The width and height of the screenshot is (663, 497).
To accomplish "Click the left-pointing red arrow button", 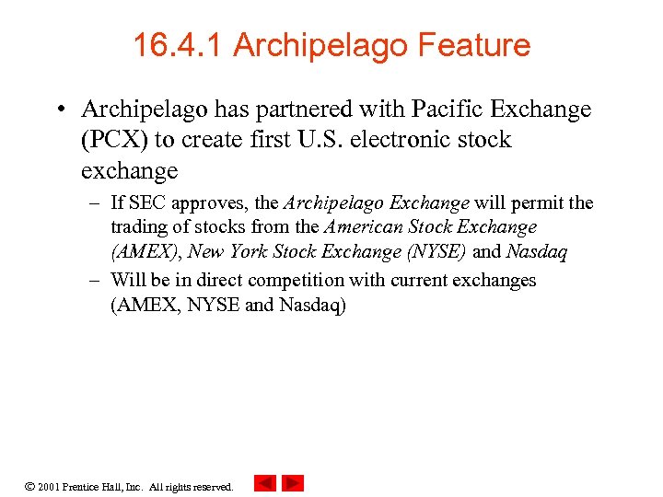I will click(263, 483).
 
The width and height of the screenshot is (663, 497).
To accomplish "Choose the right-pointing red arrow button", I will click(292, 483).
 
